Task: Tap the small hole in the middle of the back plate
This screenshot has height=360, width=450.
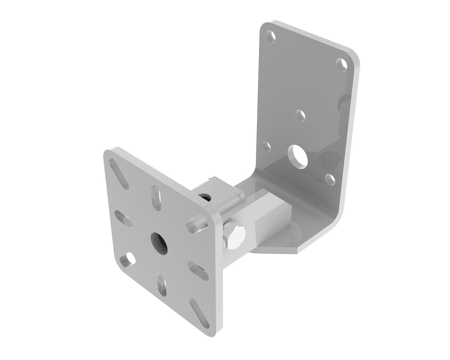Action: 300,114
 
